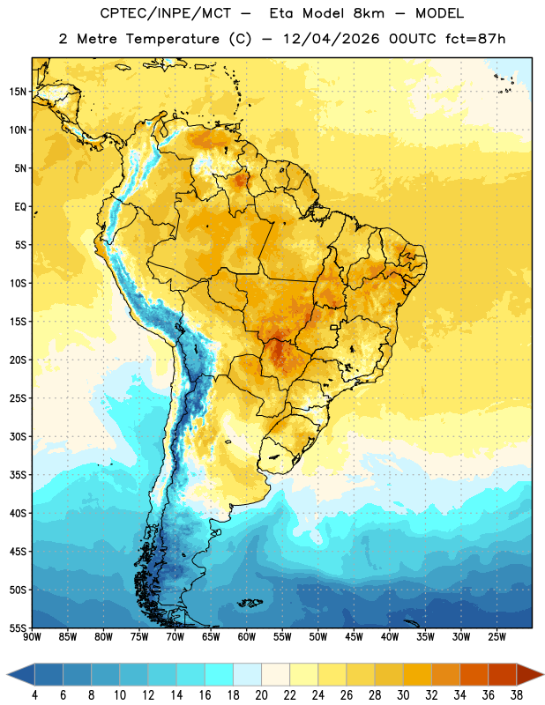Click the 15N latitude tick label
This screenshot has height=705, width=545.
click(18, 92)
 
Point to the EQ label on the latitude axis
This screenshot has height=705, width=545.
click(20, 207)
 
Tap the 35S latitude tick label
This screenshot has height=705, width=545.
click(18, 475)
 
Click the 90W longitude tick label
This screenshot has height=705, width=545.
click(32, 636)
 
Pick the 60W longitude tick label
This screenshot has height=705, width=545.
click(247, 636)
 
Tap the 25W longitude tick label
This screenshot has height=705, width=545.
click(496, 636)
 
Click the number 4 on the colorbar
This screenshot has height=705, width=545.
click(34, 695)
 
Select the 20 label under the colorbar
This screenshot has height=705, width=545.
click(261, 695)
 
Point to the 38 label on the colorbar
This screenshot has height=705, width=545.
click(517, 695)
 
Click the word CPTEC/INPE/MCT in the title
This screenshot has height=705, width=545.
click(166, 13)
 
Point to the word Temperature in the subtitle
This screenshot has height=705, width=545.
click(172, 39)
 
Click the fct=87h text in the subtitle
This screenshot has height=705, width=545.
click(475, 39)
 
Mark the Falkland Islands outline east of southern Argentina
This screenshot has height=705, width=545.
click(250, 603)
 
